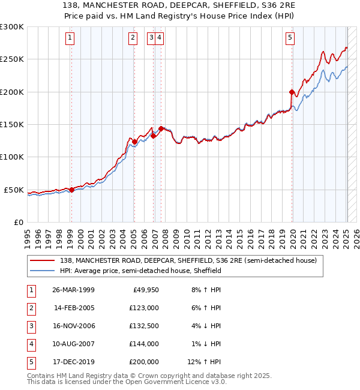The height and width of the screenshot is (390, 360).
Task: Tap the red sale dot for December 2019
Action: click(292, 92)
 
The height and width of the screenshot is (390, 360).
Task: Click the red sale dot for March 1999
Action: click(71, 190)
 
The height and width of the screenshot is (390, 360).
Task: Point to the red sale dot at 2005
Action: click(134, 142)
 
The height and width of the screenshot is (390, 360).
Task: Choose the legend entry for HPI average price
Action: click(141, 271)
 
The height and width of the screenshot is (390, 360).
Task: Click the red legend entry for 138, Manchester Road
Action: click(191, 260)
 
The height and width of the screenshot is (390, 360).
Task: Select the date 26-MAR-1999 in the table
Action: click(73, 290)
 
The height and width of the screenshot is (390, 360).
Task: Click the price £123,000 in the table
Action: click(145, 308)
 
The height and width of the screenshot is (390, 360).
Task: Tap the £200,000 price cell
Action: click(145, 362)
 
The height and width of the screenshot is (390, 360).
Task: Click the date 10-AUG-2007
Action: click(73, 344)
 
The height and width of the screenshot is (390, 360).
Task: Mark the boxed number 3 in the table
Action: click(31, 326)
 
